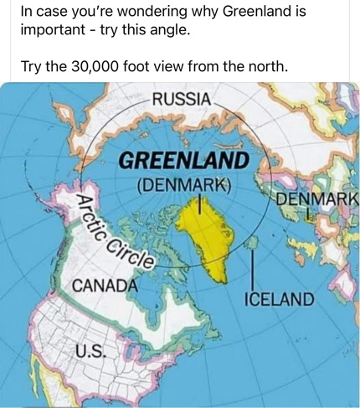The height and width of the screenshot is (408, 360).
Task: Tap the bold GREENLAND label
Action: pyautogui.click(x=184, y=159)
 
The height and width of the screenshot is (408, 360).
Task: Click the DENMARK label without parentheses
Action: pyautogui.click(x=316, y=200)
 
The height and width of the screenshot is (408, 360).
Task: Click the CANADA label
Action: pyautogui.click(x=105, y=285)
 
